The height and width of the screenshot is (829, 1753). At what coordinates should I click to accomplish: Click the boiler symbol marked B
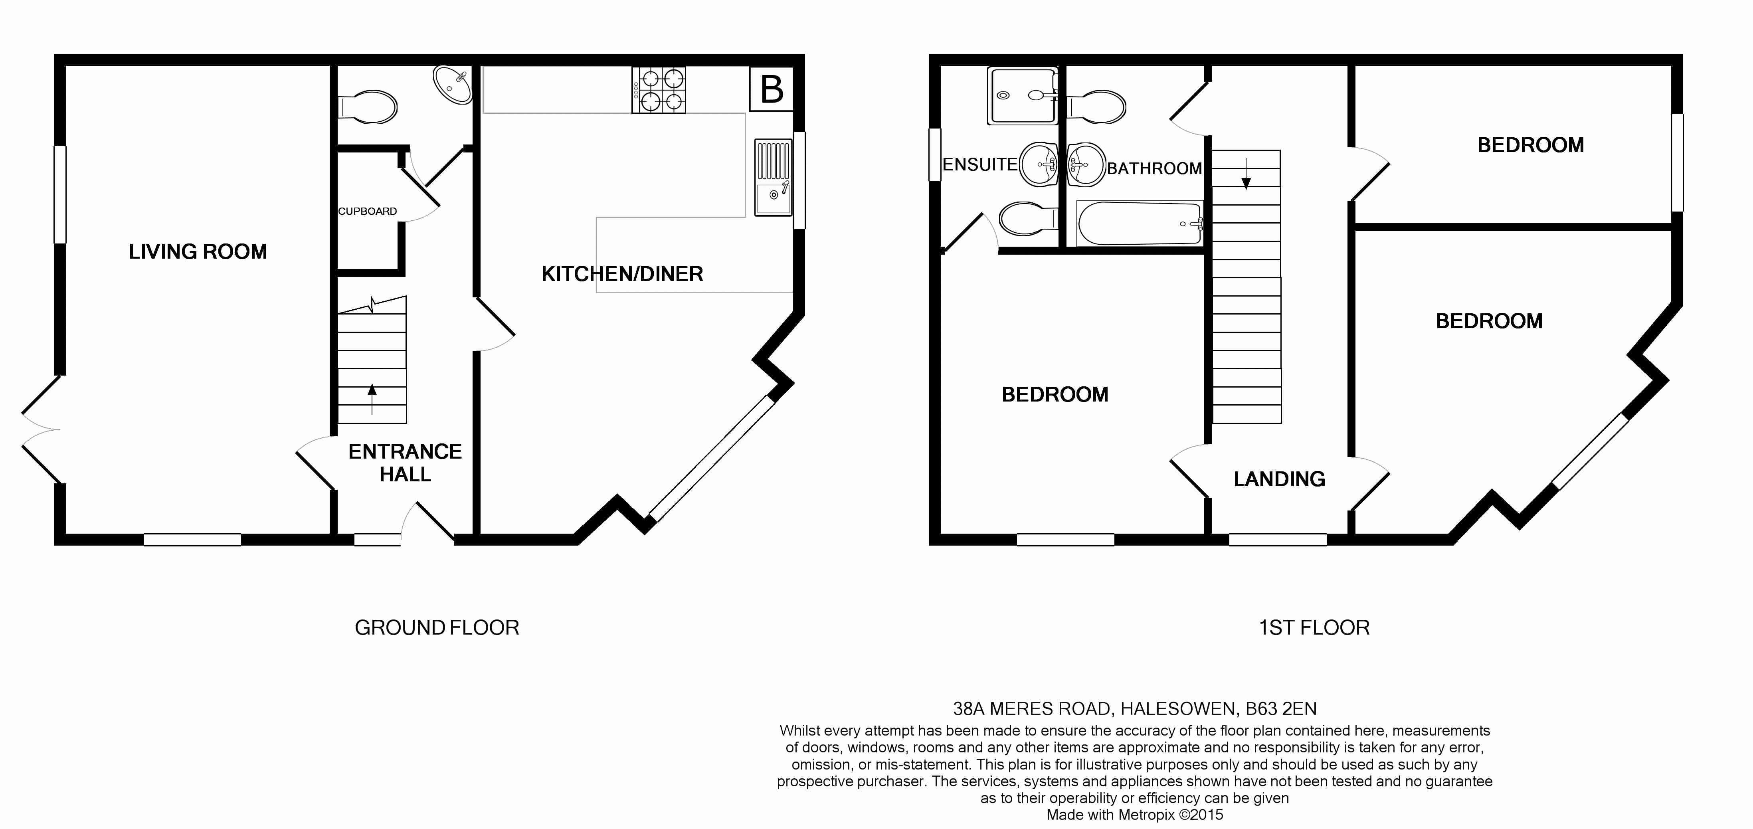click(772, 89)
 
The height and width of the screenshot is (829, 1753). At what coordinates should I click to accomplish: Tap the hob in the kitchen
click(659, 89)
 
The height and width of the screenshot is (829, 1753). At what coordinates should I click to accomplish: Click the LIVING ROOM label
click(198, 252)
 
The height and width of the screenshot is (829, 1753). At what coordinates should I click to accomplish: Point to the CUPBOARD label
click(368, 211)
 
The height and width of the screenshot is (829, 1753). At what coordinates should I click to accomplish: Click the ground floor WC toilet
click(368, 107)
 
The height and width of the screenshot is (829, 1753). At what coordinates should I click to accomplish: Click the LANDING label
click(1279, 479)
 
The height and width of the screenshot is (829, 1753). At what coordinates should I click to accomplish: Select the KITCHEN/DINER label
click(622, 274)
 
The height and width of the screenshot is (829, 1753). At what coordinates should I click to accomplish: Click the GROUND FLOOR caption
click(437, 627)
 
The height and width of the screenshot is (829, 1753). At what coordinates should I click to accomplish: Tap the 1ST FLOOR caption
click(1314, 627)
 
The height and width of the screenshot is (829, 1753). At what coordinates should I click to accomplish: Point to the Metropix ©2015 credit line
click(1134, 815)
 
